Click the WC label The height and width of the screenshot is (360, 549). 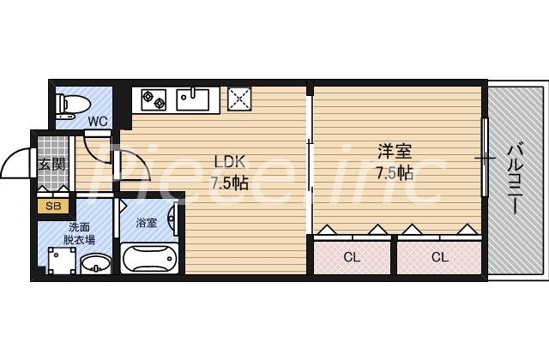pyautogui.click(x=98, y=122)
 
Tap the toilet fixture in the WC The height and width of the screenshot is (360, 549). pyautogui.click(x=68, y=104)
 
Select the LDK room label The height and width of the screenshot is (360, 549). pyautogui.click(x=230, y=160)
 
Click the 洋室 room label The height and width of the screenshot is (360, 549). pyautogui.click(x=395, y=153)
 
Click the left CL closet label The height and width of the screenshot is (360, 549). pyautogui.click(x=352, y=256)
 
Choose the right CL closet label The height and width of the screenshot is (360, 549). pyautogui.click(x=439, y=256)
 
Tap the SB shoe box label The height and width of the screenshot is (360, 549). pyautogui.click(x=53, y=206)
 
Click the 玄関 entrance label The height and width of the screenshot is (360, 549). pyautogui.click(x=51, y=164)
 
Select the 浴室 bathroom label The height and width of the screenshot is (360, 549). pyautogui.click(x=147, y=223)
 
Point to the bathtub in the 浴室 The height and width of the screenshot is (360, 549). pyautogui.click(x=148, y=258)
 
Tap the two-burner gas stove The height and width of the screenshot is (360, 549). pyautogui.click(x=154, y=99)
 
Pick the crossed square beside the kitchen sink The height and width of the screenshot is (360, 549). pyautogui.click(x=238, y=99)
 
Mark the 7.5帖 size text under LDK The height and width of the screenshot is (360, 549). pyautogui.click(x=230, y=182)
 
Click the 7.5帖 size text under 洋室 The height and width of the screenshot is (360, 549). pyautogui.click(x=395, y=173)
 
